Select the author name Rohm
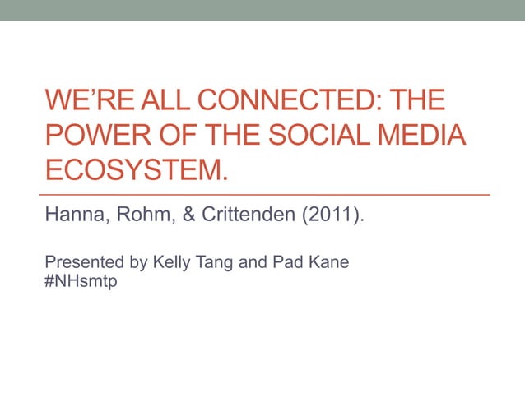point(143,217)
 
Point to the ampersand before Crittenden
point(187,217)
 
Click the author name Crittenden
point(248,217)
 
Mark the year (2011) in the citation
point(333,217)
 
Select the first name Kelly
point(165,263)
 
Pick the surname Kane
point(327,263)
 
